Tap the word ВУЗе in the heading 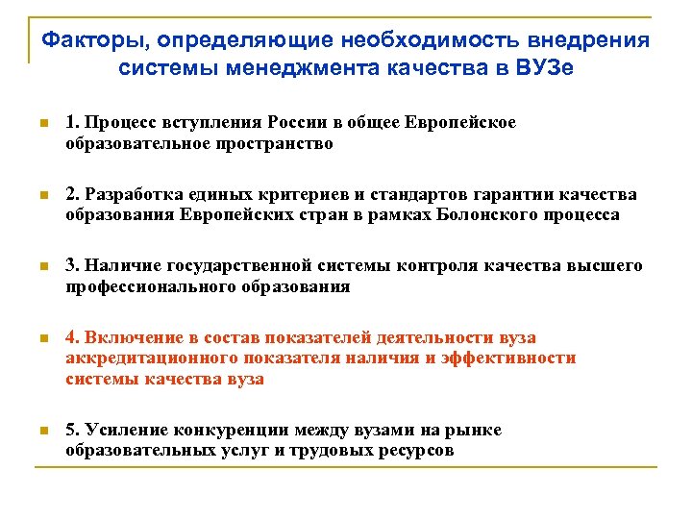[540, 69]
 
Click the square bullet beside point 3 [42, 266]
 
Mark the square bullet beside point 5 [42, 430]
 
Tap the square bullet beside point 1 [42, 123]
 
